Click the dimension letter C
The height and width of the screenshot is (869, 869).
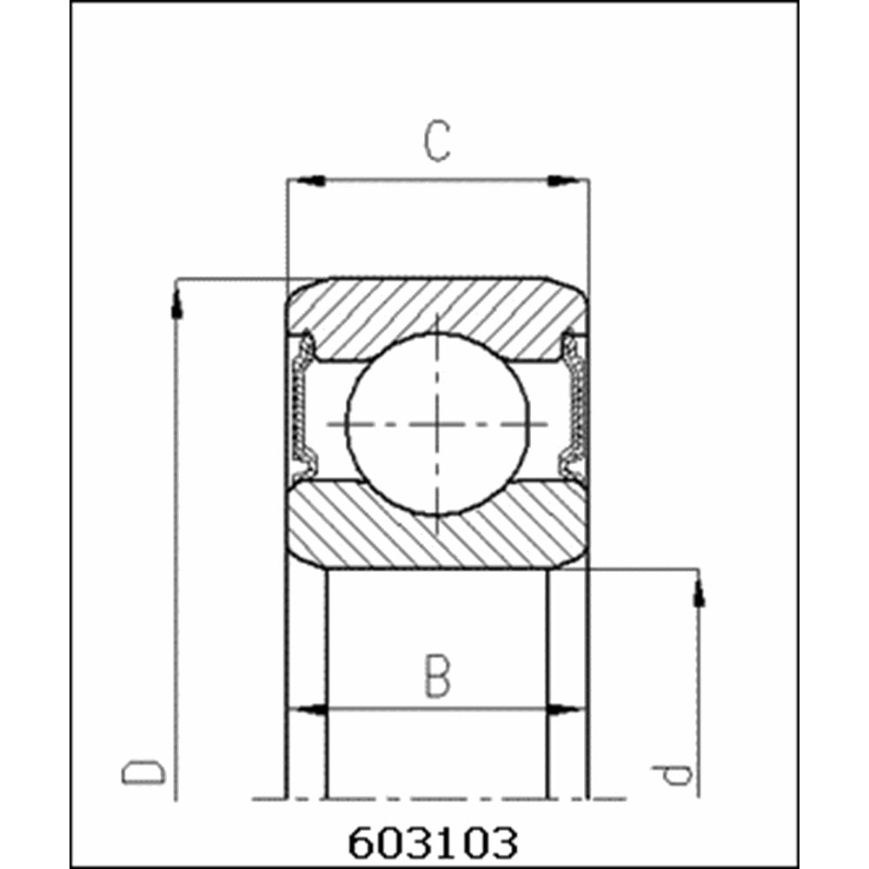pyautogui.click(x=437, y=143)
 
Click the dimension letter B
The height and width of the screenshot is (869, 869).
pyautogui.click(x=437, y=678)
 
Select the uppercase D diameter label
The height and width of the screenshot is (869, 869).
pyautogui.click(x=143, y=772)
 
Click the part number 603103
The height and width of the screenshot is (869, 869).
pyautogui.click(x=433, y=842)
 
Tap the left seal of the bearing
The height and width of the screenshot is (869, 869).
pyautogui.click(x=302, y=408)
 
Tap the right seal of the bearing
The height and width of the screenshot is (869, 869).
pyautogui.click(x=574, y=408)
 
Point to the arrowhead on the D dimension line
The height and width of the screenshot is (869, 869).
pyautogui.click(x=177, y=304)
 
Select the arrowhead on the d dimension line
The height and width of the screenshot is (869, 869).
pyautogui.click(x=699, y=593)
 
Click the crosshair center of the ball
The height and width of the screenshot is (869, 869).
pyautogui.click(x=437, y=424)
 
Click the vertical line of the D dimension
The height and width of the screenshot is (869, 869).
pyautogui.click(x=177, y=539)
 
